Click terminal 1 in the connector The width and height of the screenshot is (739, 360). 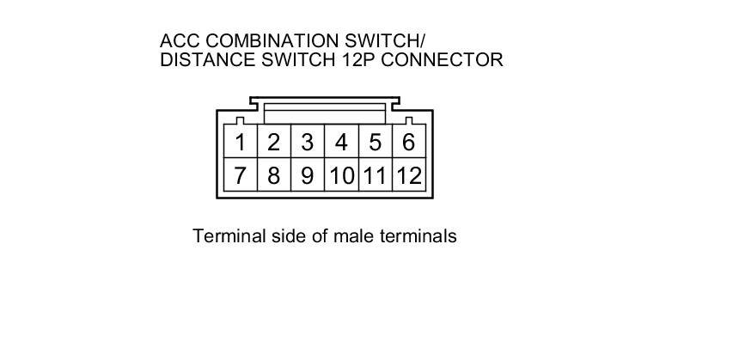pyautogui.click(x=241, y=142)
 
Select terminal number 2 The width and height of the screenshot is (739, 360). pyautogui.click(x=273, y=142)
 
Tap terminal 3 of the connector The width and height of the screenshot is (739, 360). pyautogui.click(x=307, y=142)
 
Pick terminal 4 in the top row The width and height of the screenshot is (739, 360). pyautogui.click(x=341, y=142)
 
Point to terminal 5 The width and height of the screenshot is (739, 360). pyautogui.click(x=375, y=142)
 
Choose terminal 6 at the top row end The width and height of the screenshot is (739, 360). pyautogui.click(x=408, y=142)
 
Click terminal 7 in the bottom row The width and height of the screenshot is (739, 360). pyautogui.click(x=241, y=176)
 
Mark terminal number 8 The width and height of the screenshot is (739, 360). pyautogui.click(x=273, y=176)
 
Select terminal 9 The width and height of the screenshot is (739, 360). pyautogui.click(x=307, y=176)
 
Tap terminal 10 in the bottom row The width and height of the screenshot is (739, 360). pyautogui.click(x=341, y=176)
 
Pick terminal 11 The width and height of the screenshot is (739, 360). pyautogui.click(x=375, y=176)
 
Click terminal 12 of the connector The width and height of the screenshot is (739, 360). pyautogui.click(x=409, y=176)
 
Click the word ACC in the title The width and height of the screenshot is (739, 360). pyautogui.click(x=178, y=41)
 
